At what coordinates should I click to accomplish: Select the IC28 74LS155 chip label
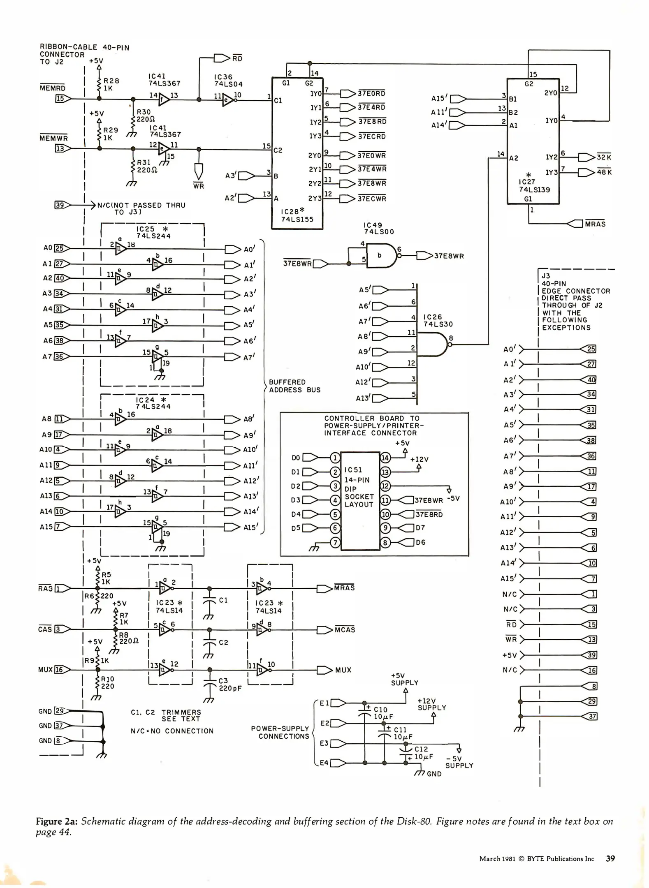pyautogui.click(x=297, y=215)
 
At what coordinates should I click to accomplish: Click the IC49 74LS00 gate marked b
pyautogui.click(x=381, y=255)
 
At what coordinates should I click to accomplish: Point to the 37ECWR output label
pyautogui.click(x=372, y=199)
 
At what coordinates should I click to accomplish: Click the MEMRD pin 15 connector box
pyautogui.click(x=60, y=99)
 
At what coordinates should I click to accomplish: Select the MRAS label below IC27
pyautogui.click(x=595, y=224)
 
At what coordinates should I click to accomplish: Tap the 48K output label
pyautogui.click(x=604, y=172)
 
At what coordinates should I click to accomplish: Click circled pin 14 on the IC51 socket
pyautogui.click(x=385, y=458)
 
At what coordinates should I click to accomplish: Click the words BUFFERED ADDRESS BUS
pyautogui.click(x=294, y=386)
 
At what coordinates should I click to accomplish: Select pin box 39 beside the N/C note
pyautogui.click(x=60, y=205)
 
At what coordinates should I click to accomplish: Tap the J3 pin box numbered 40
pyautogui.click(x=591, y=379)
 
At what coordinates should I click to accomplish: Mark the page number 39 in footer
pyautogui.click(x=610, y=858)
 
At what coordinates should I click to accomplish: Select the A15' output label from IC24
pyautogui.click(x=250, y=527)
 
